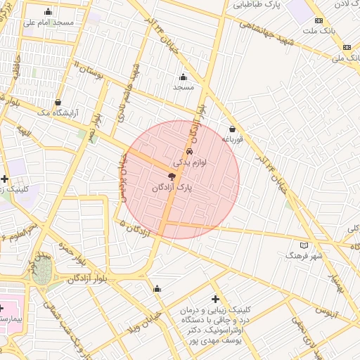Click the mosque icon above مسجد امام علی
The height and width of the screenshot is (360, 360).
point(48,11)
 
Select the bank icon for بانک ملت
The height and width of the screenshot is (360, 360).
point(319,21)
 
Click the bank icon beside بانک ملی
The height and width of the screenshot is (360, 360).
point(347,46)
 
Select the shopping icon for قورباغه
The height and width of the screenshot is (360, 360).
point(233,129)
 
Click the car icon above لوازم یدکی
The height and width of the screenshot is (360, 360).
point(189,152)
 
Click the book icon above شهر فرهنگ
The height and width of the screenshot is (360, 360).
point(304,245)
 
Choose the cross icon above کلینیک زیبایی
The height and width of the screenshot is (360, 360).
point(215,299)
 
